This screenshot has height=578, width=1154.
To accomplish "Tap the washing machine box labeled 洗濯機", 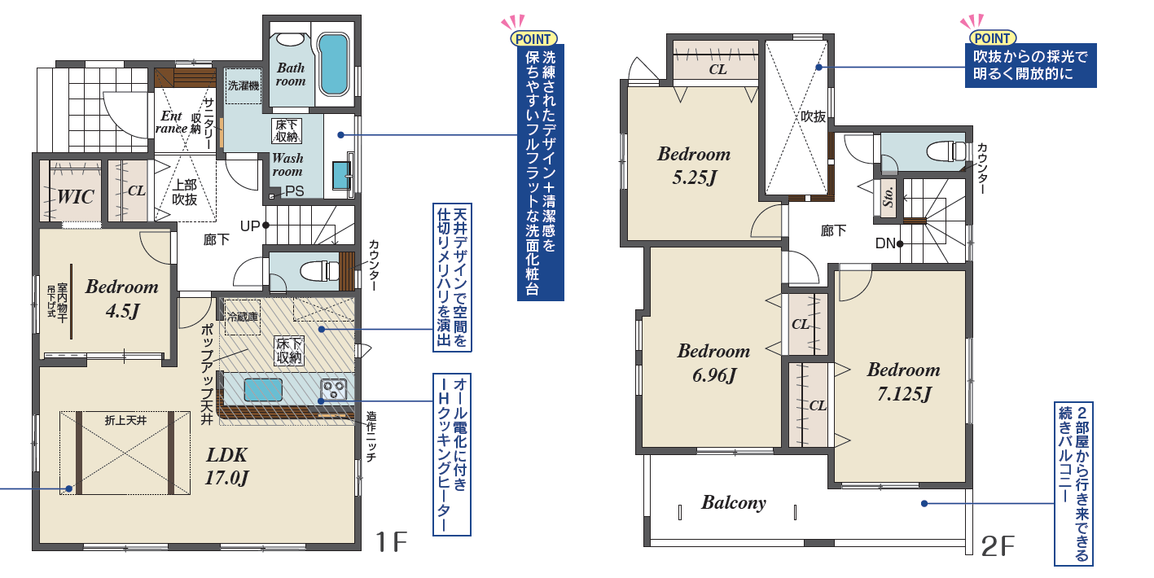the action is click(x=244, y=85).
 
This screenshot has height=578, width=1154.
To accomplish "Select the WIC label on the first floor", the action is click(x=75, y=197).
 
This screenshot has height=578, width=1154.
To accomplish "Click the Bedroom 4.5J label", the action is click(x=122, y=299).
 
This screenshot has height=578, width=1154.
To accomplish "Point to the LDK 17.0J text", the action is click(x=226, y=466).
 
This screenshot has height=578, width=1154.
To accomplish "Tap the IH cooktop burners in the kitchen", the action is click(x=333, y=388).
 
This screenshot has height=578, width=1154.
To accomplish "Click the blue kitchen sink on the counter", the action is click(x=263, y=389).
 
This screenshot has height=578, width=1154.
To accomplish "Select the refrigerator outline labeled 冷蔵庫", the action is click(x=242, y=317).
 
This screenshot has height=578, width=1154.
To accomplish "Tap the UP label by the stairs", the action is click(x=250, y=226).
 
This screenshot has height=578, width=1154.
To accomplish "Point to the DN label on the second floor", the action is click(x=885, y=243).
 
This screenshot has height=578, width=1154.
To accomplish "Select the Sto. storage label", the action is click(x=887, y=197).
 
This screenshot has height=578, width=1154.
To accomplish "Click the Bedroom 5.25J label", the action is click(x=694, y=165).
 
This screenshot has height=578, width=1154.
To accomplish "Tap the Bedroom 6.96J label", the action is click(x=713, y=362).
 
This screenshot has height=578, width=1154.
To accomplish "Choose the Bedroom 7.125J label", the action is click(x=904, y=381).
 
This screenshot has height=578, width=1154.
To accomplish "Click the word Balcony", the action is click(x=734, y=502).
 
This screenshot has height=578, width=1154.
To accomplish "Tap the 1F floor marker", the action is click(x=392, y=542).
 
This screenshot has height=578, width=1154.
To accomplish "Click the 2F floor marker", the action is click(x=998, y=546).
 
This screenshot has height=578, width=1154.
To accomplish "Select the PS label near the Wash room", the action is click(x=295, y=191).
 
